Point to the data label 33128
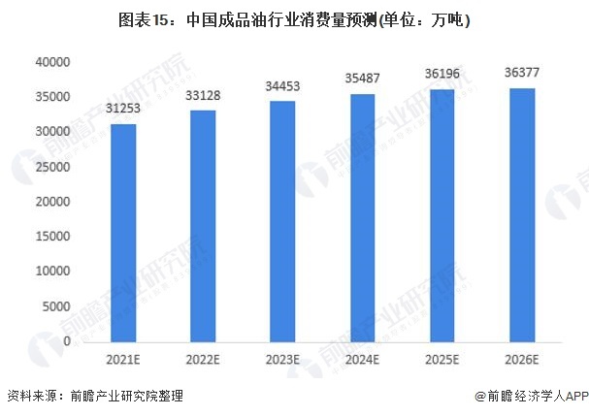(x=203, y=95)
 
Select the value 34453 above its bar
(x=282, y=86)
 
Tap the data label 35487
(x=362, y=79)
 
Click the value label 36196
(x=442, y=74)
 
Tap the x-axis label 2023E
(x=282, y=359)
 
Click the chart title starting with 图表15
(x=294, y=18)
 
